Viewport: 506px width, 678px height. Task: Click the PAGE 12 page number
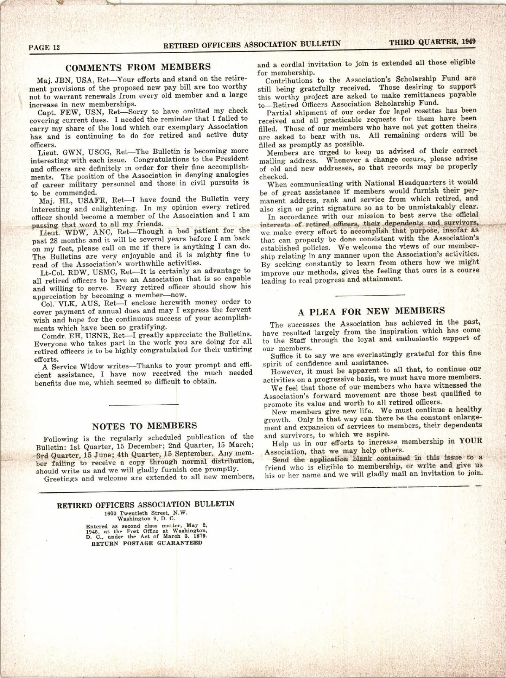(44, 48)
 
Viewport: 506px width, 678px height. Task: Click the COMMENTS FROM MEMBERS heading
(138, 67)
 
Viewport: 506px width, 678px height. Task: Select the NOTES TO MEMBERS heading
(144, 426)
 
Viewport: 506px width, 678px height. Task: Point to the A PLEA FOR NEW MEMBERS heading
(371, 311)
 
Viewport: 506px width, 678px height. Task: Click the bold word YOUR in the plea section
(471, 442)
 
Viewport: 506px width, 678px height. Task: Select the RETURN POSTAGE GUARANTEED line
(147, 543)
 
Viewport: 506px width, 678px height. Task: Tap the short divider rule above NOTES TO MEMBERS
(144, 405)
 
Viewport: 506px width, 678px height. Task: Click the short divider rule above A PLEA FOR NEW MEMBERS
(371, 294)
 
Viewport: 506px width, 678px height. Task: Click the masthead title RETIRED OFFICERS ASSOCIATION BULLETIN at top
(252, 44)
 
